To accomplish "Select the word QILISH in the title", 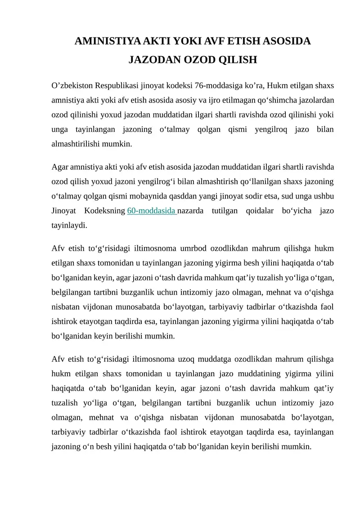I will (237, 60).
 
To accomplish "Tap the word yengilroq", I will (264, 130).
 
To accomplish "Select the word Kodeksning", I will (105, 211).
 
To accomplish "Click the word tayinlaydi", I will (69, 225).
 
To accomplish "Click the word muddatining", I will (254, 374).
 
